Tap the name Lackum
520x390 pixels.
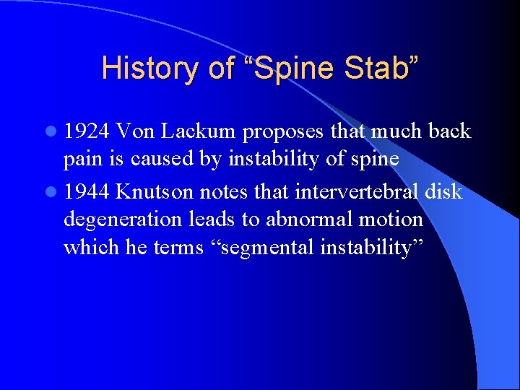[200, 131]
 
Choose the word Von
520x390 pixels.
[135, 131]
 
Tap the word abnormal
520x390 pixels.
[323, 219]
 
